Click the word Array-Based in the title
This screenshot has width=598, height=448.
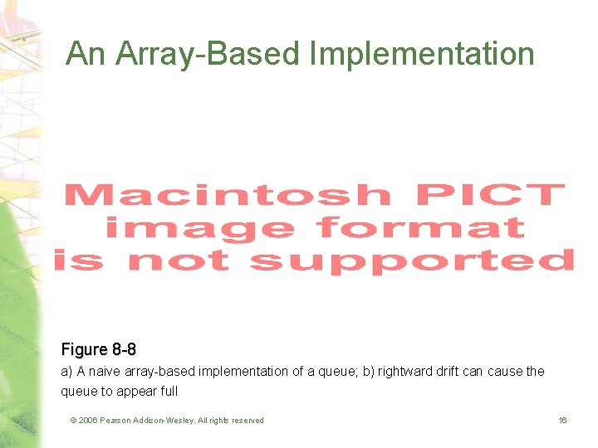tap(210, 54)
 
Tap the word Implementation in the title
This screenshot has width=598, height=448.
tap(421, 54)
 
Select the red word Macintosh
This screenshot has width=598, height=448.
tap(226, 196)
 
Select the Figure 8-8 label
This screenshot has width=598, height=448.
tap(98, 350)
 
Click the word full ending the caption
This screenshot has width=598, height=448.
tap(169, 392)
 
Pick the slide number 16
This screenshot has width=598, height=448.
tap(562, 421)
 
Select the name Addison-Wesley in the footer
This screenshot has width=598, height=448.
tap(166, 421)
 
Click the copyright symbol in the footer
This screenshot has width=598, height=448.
tap(74, 421)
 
